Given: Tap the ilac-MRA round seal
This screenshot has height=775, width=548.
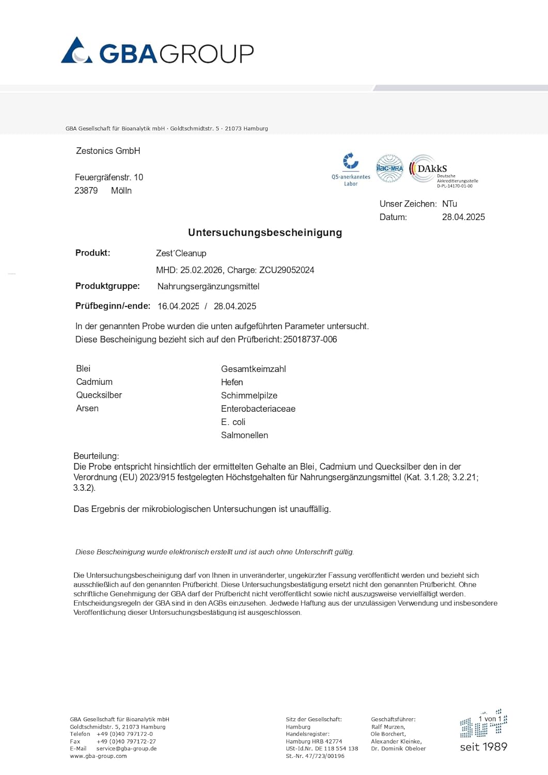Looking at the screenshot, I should click(389, 168).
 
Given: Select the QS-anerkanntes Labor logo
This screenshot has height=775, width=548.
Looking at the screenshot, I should click(351, 168).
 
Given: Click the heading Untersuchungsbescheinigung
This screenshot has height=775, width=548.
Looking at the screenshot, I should click(265, 233).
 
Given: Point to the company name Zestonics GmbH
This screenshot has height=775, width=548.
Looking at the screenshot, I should click(108, 151).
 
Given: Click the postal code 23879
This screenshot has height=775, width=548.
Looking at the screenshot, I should click(86, 191).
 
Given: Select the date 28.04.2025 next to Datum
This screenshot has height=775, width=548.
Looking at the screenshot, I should click(463, 217).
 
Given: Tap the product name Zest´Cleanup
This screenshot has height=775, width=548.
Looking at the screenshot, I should click(181, 253).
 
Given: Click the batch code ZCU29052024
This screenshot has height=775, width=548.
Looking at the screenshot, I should click(287, 270).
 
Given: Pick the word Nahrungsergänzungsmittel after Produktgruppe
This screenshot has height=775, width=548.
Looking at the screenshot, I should click(208, 286).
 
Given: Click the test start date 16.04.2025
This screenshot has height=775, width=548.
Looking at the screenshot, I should click(178, 306).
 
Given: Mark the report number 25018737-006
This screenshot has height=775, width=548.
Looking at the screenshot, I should click(310, 339).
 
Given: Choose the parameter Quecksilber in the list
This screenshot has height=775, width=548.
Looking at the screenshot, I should click(99, 395).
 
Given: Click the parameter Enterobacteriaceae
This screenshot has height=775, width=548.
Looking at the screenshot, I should click(258, 409).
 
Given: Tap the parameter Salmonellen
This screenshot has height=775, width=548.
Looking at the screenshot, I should click(244, 435).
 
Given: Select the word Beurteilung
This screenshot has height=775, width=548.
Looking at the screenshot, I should click(96, 456).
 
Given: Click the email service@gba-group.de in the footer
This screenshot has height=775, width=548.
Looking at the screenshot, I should click(127, 749).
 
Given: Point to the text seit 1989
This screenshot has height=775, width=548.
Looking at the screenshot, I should click(483, 747).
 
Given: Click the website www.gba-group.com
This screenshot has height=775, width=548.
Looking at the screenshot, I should click(98, 756).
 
